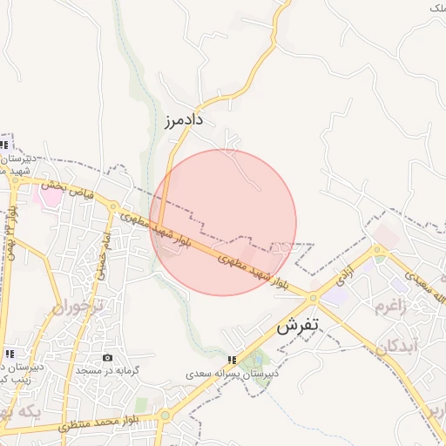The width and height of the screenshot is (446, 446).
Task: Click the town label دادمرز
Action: click(182, 119)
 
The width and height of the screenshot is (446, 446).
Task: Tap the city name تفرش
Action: click(299, 328)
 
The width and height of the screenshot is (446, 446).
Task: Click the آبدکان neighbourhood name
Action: click(399, 346)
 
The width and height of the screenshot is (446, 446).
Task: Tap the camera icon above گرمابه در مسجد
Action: click(107, 358)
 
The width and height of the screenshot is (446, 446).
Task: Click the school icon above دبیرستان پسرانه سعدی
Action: click(232, 359)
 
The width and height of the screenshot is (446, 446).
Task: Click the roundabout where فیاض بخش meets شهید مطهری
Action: click(113, 206)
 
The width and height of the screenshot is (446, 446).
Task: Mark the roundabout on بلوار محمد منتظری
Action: click(165, 416)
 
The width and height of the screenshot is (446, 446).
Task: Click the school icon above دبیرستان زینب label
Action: click(9, 354)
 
